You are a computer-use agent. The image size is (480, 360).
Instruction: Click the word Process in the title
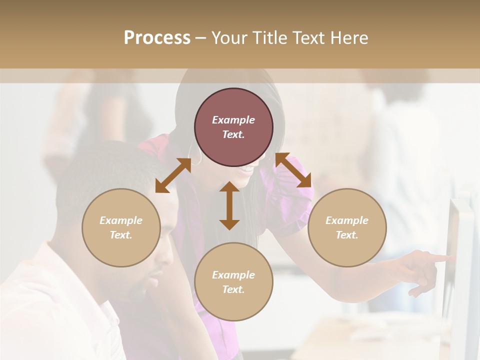(157, 38)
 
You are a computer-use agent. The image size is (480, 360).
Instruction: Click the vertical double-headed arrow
(229, 205)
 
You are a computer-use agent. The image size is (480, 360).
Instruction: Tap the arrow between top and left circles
(173, 175)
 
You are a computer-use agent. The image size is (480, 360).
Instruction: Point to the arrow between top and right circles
(293, 170)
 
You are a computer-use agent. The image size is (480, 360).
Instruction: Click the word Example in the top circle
(233, 120)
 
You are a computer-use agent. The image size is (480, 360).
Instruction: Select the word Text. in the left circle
(121, 235)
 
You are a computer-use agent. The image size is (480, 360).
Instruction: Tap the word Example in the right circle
(347, 220)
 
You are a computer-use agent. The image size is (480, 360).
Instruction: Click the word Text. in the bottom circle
(233, 289)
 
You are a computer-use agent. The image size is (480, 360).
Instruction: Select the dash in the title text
(201, 38)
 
